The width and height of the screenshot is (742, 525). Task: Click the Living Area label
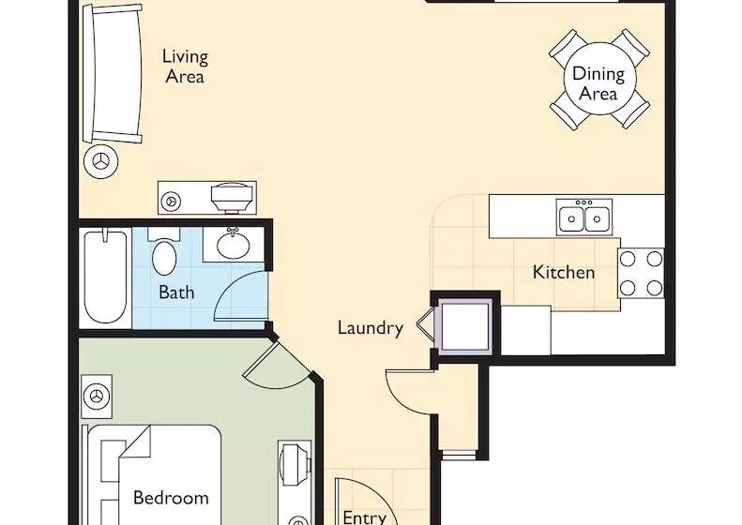[x=185, y=67]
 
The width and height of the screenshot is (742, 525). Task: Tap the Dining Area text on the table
[x=598, y=83]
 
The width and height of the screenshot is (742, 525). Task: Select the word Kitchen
[x=564, y=273]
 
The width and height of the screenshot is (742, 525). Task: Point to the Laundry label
[x=371, y=328]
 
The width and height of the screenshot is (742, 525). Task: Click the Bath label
[x=176, y=292]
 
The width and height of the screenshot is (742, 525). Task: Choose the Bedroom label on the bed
[x=171, y=498]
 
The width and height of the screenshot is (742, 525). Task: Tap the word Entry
[x=364, y=517]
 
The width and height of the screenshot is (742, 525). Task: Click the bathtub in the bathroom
[x=105, y=277]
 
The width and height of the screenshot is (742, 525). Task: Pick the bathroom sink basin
[x=234, y=245]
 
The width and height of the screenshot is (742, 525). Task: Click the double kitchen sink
[x=584, y=217]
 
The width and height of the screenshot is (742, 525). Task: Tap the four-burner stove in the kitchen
[x=642, y=273]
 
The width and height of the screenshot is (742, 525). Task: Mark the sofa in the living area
[x=113, y=74]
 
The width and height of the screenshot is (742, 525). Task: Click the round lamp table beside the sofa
[x=100, y=161]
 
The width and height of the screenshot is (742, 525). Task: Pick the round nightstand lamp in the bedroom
[x=97, y=397]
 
